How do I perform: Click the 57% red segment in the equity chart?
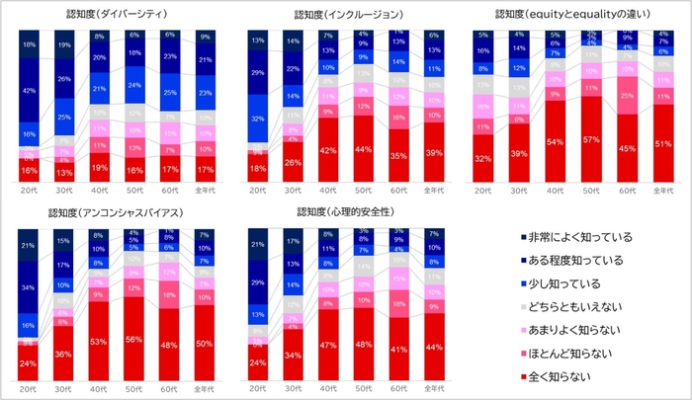(x=590, y=140)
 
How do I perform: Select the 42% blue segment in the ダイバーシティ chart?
(x=30, y=90)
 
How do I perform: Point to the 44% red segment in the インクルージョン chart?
(x=364, y=149)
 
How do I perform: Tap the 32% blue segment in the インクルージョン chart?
(x=259, y=119)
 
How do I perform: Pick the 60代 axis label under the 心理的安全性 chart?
(x=398, y=390)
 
